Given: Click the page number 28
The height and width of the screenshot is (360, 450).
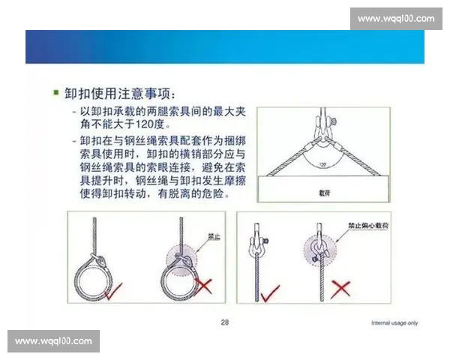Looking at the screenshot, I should (x=224, y=322).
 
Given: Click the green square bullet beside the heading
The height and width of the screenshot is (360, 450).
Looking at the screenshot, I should (x=56, y=94).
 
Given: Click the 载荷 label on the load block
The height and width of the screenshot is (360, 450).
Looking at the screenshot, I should (x=324, y=191).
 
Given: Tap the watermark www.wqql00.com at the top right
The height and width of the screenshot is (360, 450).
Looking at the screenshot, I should (x=395, y=18).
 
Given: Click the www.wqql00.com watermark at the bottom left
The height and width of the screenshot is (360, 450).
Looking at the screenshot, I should (x=53, y=341).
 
